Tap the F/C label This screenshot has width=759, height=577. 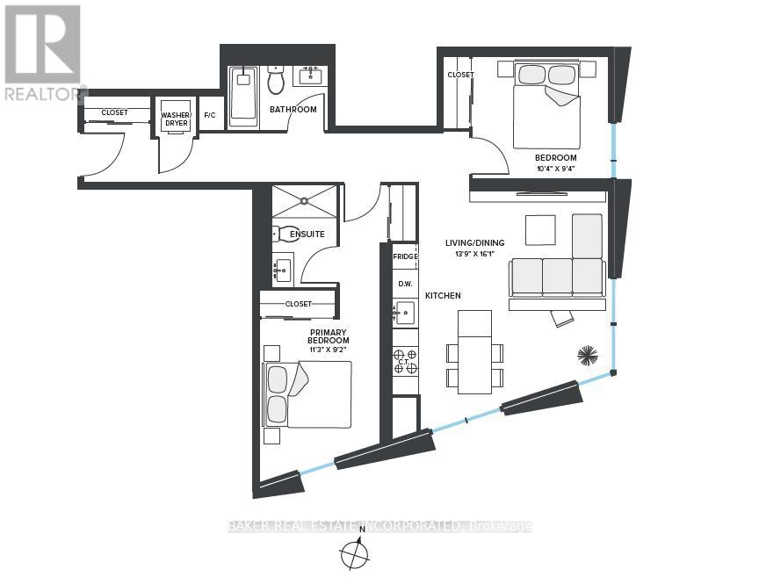(210, 115)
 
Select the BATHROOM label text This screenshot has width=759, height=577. (293, 110)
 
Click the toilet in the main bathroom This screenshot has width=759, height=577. (277, 80)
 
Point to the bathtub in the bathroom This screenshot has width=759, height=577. (243, 92)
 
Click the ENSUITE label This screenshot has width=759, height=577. (307, 234)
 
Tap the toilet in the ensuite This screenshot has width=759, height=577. (282, 234)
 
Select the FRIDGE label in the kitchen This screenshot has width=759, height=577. (405, 256)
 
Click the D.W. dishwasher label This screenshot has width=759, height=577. (405, 284)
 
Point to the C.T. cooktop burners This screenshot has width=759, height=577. (405, 361)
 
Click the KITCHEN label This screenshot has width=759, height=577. (443, 296)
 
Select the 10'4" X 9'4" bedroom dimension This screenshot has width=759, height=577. (556, 169)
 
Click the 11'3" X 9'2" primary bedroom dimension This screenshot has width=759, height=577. (329, 349)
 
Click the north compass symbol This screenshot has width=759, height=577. (354, 552)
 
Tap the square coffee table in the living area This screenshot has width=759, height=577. (540, 230)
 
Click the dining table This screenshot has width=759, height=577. (474, 352)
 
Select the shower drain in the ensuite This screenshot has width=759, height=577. (304, 199)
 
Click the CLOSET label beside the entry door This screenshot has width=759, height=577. (115, 112)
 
